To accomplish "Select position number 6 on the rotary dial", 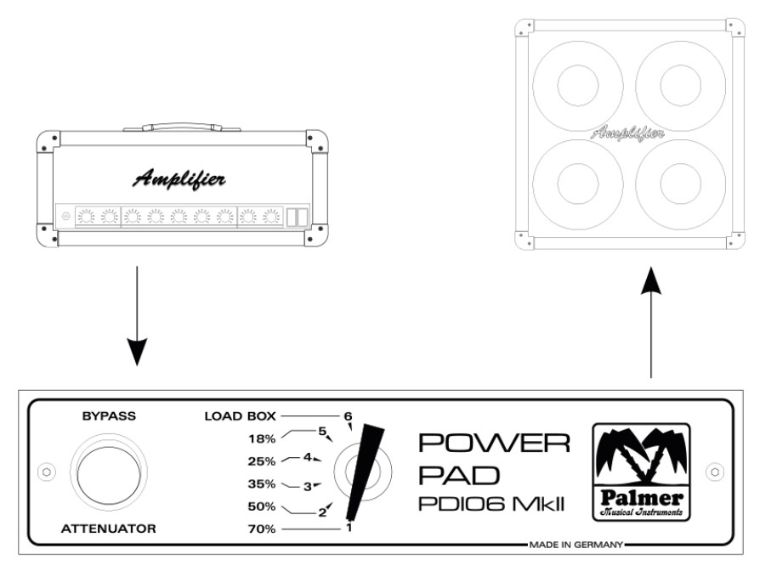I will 347,416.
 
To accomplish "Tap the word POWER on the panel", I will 493,444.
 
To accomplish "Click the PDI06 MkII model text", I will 492,505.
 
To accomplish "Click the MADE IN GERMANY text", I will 576,543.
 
